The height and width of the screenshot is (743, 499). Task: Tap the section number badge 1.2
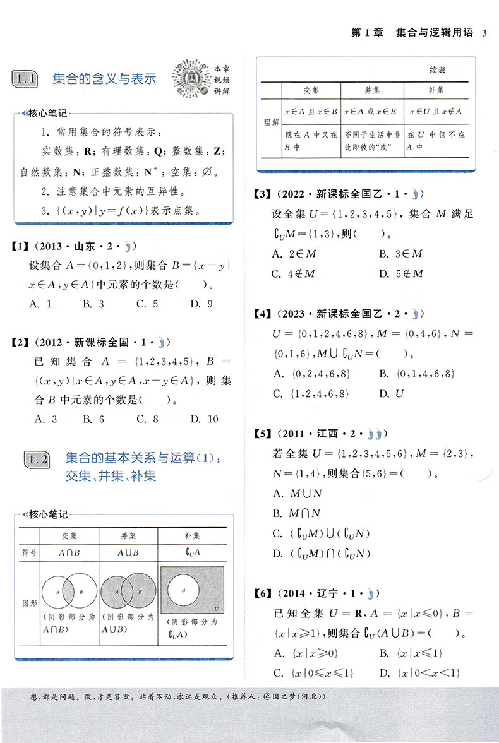pos(36,460)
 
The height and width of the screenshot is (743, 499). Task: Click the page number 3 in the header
pos(484,33)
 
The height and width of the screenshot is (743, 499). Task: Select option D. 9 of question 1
pos(201,304)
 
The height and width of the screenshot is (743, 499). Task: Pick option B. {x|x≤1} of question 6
pos(411,653)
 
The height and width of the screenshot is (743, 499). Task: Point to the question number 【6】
pos(260,593)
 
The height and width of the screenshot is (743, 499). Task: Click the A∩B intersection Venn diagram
pos(69,592)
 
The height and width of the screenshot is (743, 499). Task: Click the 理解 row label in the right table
pos(271,121)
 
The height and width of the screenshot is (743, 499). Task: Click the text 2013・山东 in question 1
pos(66,246)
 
